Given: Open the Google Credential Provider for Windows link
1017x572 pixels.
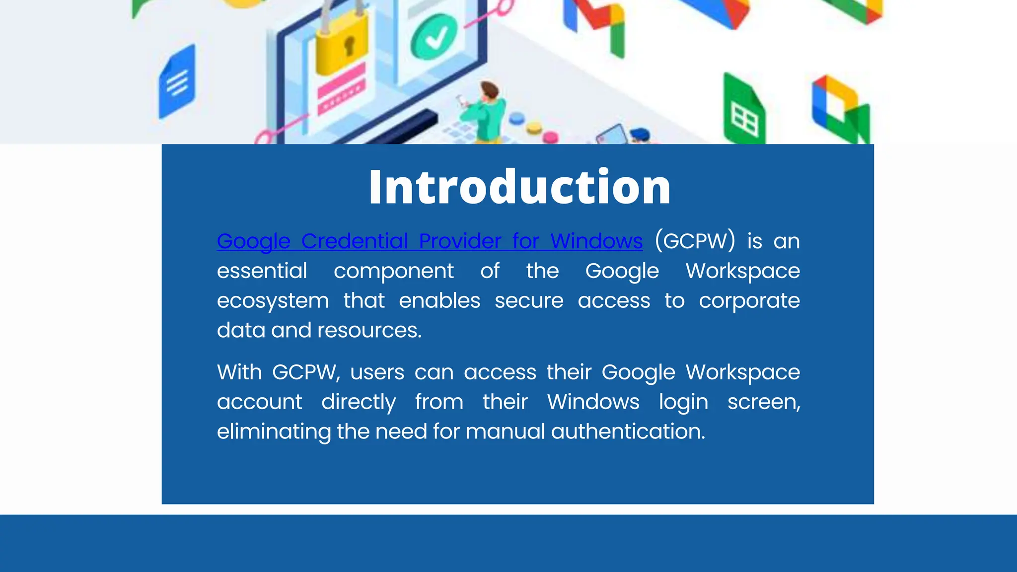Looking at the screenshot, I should [x=430, y=241].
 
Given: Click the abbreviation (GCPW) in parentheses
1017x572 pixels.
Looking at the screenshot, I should [x=695, y=241].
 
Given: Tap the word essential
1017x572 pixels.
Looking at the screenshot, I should [x=262, y=271].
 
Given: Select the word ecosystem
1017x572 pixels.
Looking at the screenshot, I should [x=273, y=301].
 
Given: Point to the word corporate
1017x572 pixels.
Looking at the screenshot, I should [x=749, y=301].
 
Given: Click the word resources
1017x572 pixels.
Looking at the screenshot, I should [x=369, y=330].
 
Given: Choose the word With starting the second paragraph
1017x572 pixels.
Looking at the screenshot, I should [x=239, y=372].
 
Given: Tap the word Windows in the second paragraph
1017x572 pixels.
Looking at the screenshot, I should [x=593, y=402].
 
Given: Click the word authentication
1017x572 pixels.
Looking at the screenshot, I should [x=628, y=431].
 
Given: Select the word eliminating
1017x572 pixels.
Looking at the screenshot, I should [x=274, y=431].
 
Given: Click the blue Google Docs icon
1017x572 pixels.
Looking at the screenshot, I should [x=177, y=82].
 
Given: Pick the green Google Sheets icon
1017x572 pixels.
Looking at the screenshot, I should [x=743, y=112].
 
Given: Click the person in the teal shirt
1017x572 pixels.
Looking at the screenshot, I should [x=484, y=112].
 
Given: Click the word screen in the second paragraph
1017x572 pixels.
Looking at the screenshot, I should [x=763, y=402].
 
